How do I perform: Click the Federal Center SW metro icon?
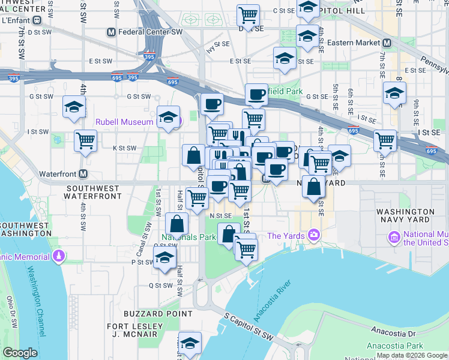[111, 32]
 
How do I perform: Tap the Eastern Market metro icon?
[387, 43]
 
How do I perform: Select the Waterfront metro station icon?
[83, 174]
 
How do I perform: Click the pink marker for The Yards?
[313, 235]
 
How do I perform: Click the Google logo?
[20, 353]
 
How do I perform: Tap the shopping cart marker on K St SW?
[86, 141]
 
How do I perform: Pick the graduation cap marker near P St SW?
[164, 259]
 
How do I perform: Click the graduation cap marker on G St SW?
[74, 108]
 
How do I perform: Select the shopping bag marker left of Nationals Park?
[177, 224]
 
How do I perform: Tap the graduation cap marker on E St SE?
[285, 58]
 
